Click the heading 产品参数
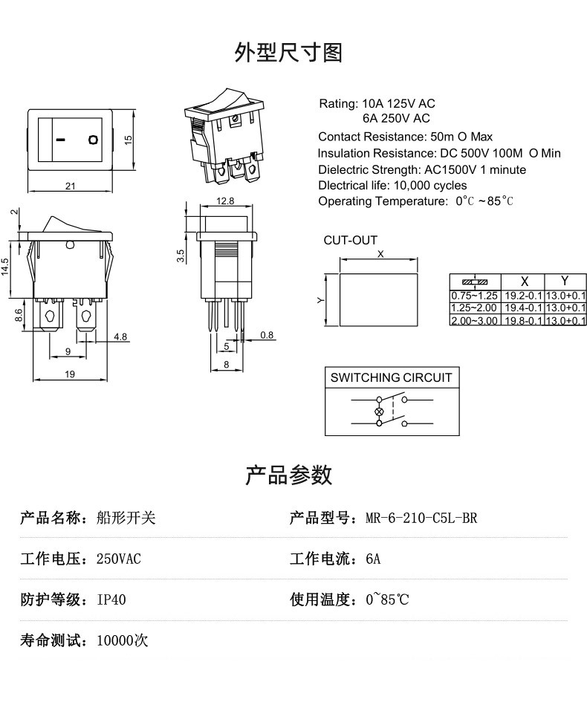[x=289, y=475]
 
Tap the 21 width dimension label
[x=70, y=186]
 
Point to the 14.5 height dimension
[x=6, y=267]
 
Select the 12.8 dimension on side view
[x=225, y=201]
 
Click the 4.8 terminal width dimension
[x=120, y=337]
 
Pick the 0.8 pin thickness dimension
[x=267, y=335]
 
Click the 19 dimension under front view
[x=70, y=374]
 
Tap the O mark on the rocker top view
[x=93, y=139]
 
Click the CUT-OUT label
[x=350, y=240]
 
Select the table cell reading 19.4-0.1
[x=523, y=308]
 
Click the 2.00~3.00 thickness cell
[x=474, y=320]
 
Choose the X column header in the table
[x=524, y=282]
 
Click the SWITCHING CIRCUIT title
[x=391, y=377]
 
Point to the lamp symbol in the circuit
[x=380, y=412]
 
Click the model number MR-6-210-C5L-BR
[x=421, y=518]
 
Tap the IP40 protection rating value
[x=111, y=599]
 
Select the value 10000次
[x=123, y=640]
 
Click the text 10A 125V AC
[x=398, y=103]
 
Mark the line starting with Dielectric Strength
[x=422, y=169]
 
